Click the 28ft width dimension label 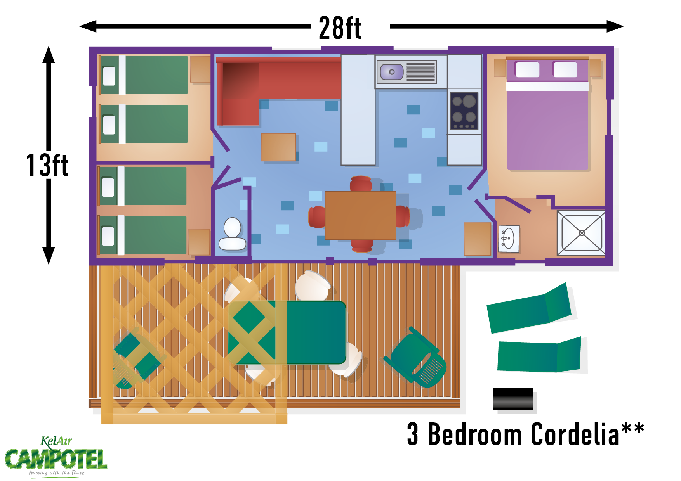click(340, 28)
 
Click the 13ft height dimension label click(47, 165)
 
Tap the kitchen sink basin click(391, 72)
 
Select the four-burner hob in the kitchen click(464, 111)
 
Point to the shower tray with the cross click(581, 233)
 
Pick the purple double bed click(547, 124)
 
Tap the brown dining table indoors click(360, 215)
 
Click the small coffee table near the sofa click(278, 147)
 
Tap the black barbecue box click(513, 399)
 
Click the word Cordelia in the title click(574, 434)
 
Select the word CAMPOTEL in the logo click(56, 460)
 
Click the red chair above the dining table click(361, 184)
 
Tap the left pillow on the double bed click(527, 70)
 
